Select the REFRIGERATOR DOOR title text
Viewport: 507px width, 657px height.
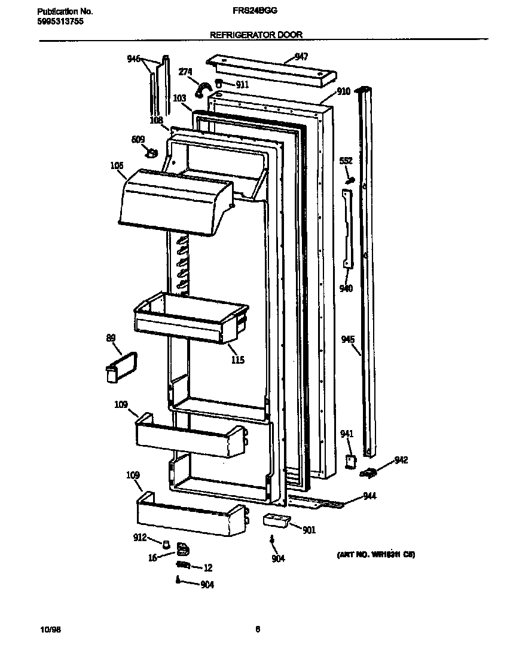point(256,35)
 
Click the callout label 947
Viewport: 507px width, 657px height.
point(301,57)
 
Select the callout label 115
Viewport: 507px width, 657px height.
point(237,360)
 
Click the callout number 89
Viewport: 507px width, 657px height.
point(111,339)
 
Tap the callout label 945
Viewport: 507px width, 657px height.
point(348,339)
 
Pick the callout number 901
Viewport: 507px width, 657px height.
point(309,530)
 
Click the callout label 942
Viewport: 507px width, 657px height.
point(401,460)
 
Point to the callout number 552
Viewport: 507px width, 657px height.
point(346,161)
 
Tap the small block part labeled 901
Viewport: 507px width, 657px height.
point(276,520)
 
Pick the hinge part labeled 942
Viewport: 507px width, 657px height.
point(369,474)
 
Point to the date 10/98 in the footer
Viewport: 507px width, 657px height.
point(50,630)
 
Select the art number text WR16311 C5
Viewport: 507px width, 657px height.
point(375,555)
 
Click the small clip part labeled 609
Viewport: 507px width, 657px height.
point(152,153)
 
